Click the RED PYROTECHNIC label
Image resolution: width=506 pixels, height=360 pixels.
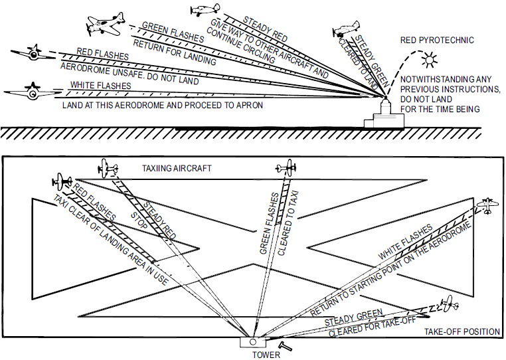(x=437, y=41)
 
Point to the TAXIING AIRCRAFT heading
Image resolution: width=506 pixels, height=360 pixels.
(x=177, y=168)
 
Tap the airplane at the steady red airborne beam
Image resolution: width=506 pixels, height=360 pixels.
(x=205, y=9)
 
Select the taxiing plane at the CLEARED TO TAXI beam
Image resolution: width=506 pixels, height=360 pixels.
(x=286, y=166)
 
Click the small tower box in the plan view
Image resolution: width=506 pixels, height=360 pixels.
(x=252, y=342)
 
